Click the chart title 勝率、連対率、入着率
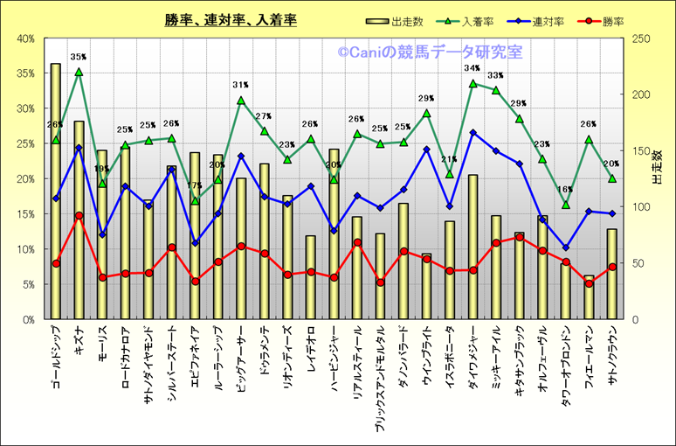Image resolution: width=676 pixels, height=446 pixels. (x=230, y=19)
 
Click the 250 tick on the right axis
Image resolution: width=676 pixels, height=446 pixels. (x=642, y=38)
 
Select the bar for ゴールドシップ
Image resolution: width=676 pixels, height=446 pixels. (x=55, y=192)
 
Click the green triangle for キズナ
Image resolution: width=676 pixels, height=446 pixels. (x=79, y=72)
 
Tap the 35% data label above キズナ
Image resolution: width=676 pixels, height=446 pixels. (x=79, y=57)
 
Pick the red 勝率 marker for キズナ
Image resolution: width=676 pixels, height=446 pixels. (x=79, y=215)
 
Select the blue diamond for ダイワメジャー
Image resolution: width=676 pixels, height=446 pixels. (x=473, y=133)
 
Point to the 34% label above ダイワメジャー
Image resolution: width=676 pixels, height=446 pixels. (x=473, y=68)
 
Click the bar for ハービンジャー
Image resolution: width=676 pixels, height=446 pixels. (x=334, y=254)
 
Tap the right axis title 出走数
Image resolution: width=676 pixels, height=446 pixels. (x=659, y=166)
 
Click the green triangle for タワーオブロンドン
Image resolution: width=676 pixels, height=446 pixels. (x=565, y=205)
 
